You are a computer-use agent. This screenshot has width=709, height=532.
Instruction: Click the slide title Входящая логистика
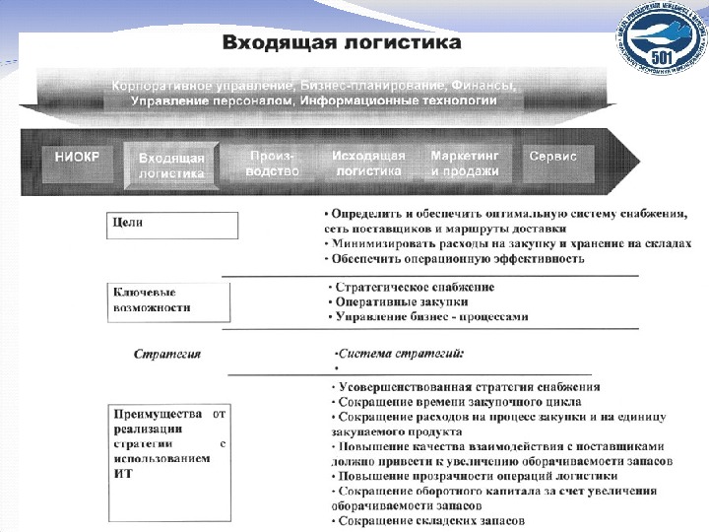[x=342, y=43]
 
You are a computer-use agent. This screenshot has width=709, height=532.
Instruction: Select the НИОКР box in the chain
[x=77, y=157]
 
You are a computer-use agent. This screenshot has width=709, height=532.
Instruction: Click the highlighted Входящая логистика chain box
[x=171, y=165]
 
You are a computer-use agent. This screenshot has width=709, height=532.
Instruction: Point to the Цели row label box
[x=171, y=226]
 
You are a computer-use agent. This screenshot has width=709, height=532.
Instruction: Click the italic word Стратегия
[x=167, y=353]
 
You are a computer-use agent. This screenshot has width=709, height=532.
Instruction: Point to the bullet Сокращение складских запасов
[x=428, y=520]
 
